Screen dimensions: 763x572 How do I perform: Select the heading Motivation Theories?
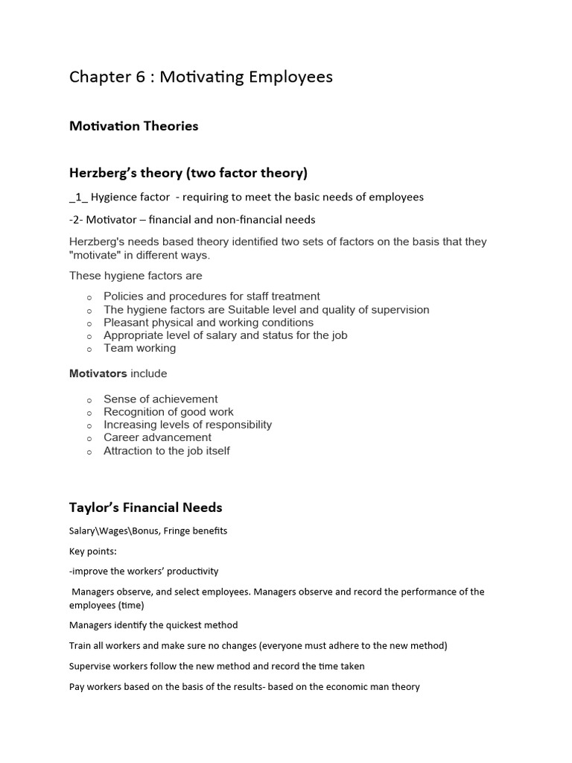(x=133, y=126)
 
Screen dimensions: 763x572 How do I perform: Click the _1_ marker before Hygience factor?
(x=77, y=197)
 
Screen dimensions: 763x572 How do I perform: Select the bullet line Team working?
(x=139, y=348)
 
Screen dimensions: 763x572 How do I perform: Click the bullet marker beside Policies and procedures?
(x=89, y=297)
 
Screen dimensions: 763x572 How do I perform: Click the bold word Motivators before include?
(x=98, y=373)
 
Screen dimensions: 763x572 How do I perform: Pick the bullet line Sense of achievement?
(x=160, y=399)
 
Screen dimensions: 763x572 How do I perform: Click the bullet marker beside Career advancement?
(x=89, y=439)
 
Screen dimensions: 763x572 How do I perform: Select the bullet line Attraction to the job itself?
(x=166, y=451)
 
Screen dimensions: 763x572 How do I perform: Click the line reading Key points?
(x=92, y=551)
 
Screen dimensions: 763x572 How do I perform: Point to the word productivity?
(x=193, y=572)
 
